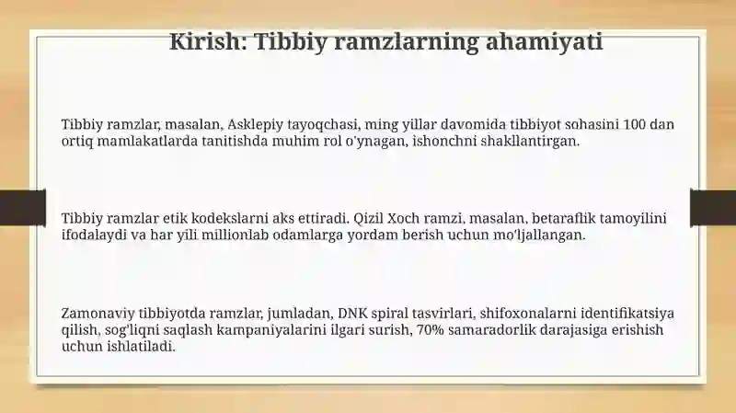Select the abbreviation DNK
(x=350, y=313)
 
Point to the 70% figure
(x=430, y=330)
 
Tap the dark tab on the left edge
(x=23, y=208)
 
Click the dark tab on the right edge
(x=713, y=207)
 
